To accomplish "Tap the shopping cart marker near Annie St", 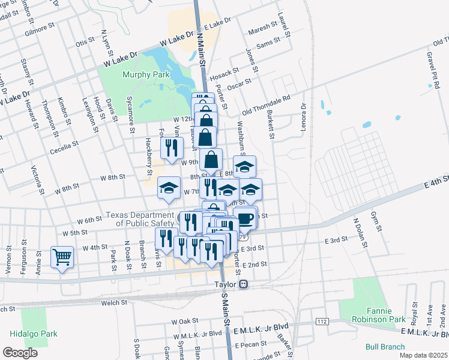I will [x=62, y=258].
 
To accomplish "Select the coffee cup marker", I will [x=245, y=218].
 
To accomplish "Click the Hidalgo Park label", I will [x=28, y=334].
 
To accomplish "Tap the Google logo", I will [x=20, y=352].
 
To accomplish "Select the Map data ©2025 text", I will [x=424, y=355].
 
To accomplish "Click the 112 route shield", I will [x=322, y=322].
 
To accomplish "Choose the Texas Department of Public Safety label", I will [x=139, y=220].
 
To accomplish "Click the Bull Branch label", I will [x=384, y=347].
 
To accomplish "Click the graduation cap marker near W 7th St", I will [x=169, y=188].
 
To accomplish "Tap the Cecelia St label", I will [x=65, y=148].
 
